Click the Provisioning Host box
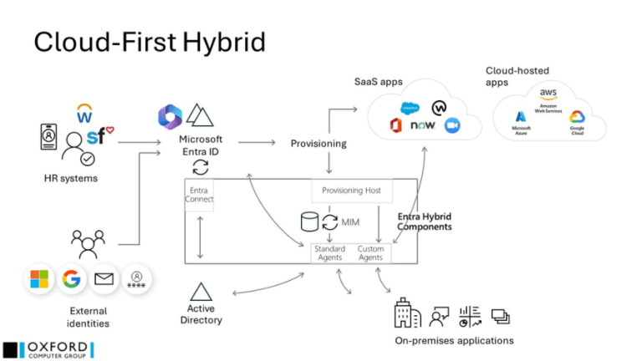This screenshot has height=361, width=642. coord(351,191)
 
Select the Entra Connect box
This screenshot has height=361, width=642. coord(201,195)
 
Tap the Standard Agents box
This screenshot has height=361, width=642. coord(329,252)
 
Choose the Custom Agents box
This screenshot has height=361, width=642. coord(370,252)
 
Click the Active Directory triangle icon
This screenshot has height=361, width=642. coord(201,292)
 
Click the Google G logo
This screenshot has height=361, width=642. coord(72,278)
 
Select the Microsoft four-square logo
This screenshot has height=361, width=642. coord(39,278)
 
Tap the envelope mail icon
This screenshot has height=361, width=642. coord(104,278)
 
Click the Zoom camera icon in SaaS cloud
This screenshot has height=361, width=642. coord(452,126)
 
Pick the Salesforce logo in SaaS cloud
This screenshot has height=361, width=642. coord(410,108)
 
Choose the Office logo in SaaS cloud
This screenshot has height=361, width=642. coord(396,126)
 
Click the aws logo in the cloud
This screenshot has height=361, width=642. coord(548,94)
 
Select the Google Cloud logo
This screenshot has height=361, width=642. coord(577,118)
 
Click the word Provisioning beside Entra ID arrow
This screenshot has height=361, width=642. coord(318,144)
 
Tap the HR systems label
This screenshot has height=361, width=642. coord(71,178)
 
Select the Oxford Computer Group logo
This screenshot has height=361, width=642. coord(48,349)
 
